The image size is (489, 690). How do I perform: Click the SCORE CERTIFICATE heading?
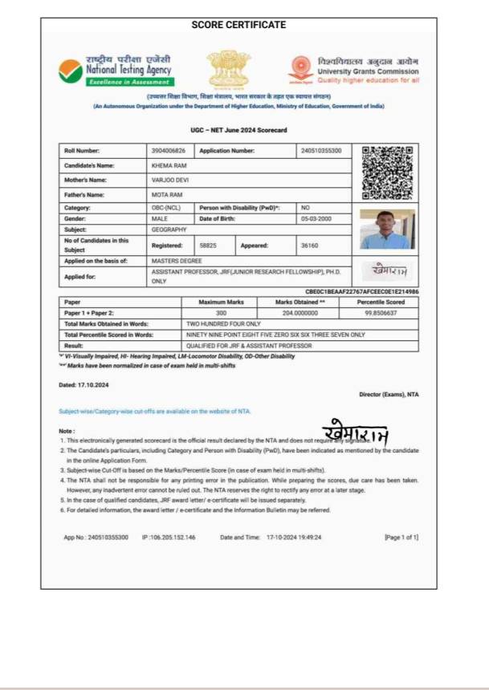click(x=238, y=25)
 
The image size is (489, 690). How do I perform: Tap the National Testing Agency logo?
click(x=116, y=70)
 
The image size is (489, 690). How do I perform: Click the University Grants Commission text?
click(x=368, y=71)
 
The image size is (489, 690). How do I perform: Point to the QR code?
click(x=387, y=172)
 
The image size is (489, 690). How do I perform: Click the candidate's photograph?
click(x=387, y=229)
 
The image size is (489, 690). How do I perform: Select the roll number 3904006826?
click(x=168, y=151)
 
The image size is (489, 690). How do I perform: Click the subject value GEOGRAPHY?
click(x=169, y=229)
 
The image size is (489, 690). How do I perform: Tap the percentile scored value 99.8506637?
click(x=380, y=314)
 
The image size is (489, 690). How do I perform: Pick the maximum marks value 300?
click(x=221, y=314)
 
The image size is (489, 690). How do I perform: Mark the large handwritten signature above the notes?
click(x=356, y=433)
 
